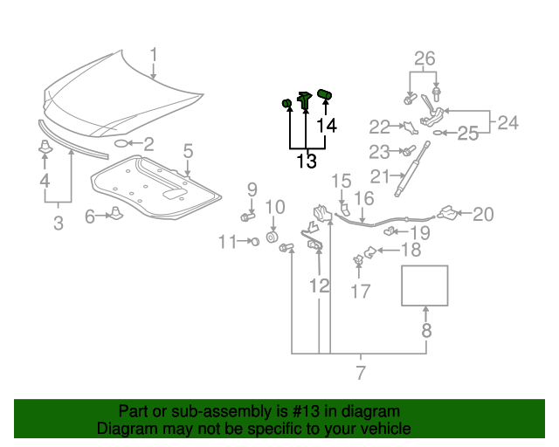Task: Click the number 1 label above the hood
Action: (x=153, y=57)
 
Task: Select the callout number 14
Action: (x=326, y=127)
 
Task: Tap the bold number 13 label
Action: (x=306, y=162)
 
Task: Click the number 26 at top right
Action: (x=424, y=59)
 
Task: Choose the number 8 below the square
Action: (x=425, y=331)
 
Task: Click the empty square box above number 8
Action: (x=424, y=285)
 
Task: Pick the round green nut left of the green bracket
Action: (x=286, y=105)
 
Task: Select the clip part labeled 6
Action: (x=114, y=215)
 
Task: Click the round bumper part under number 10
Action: (x=272, y=238)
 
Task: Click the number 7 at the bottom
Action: (x=361, y=375)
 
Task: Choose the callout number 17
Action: (x=361, y=291)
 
